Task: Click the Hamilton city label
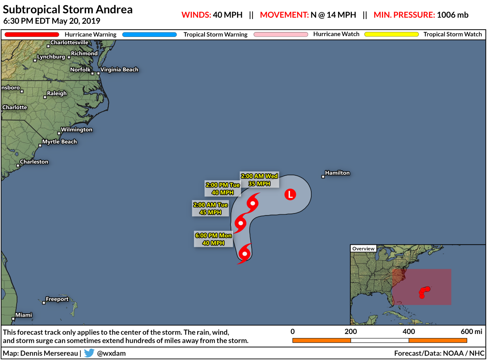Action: tap(337, 173)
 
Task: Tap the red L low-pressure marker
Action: tap(290, 194)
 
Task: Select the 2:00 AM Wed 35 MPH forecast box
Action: tap(259, 180)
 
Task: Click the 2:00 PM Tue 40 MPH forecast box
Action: tap(223, 189)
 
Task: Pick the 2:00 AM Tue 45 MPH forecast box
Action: tap(211, 209)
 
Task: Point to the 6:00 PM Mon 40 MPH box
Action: tap(213, 239)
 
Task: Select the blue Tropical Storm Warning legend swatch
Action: tap(150, 34)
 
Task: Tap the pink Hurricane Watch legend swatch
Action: tap(281, 34)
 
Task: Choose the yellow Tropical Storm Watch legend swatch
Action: tap(391, 34)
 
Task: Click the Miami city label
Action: tap(24, 315)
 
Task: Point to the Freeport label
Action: tap(57, 299)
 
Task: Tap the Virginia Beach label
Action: tap(119, 69)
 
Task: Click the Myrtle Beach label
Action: tap(59, 142)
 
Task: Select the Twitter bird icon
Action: tap(89, 353)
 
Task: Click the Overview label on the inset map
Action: tap(363, 248)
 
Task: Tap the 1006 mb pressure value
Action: tap(453, 15)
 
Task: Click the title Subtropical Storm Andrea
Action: tap(68, 9)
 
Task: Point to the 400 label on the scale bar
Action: tap(408, 331)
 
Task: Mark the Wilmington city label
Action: tap(76, 129)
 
